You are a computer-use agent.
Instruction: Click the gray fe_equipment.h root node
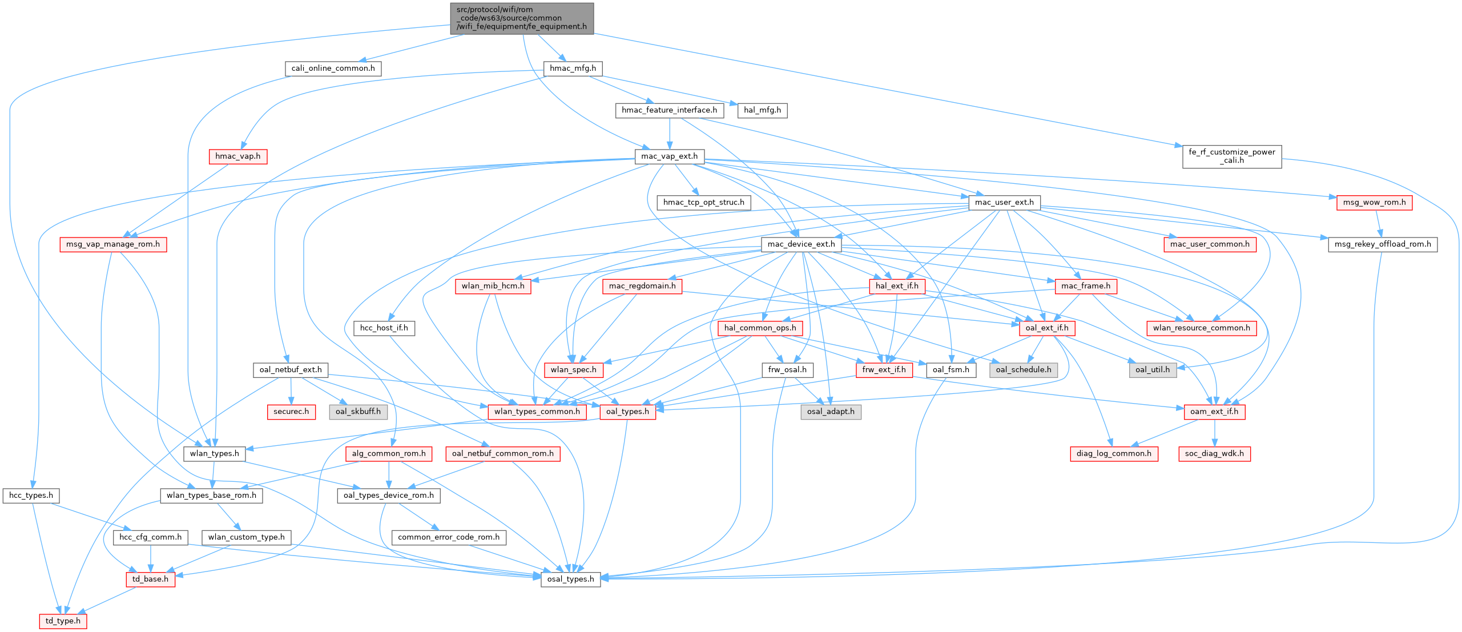coord(522,18)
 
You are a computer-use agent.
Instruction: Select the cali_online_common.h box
coord(333,69)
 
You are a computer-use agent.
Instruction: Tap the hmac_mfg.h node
coord(573,69)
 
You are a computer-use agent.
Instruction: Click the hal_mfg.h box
coord(763,110)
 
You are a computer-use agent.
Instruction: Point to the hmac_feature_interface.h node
coord(669,110)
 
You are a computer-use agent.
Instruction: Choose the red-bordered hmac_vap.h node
coord(237,156)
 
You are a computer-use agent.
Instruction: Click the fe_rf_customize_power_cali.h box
coord(1231,156)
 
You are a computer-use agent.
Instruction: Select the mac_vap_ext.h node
coord(669,156)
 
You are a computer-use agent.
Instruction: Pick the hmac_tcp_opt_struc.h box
coord(703,202)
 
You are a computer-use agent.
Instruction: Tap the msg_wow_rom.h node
coord(1374,202)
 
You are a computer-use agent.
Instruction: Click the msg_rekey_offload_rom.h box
coord(1382,244)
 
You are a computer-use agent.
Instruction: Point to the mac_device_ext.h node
coord(801,244)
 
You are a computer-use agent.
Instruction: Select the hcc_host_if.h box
coord(384,328)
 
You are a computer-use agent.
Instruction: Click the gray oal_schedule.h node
coord(1024,370)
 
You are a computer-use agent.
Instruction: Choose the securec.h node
coord(291,412)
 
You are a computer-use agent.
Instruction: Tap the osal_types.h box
coord(571,579)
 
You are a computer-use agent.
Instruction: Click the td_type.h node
coord(63,621)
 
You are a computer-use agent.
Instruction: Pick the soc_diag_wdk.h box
coord(1214,454)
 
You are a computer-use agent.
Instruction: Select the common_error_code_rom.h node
coord(449,537)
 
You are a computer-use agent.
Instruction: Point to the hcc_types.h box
coord(31,496)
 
